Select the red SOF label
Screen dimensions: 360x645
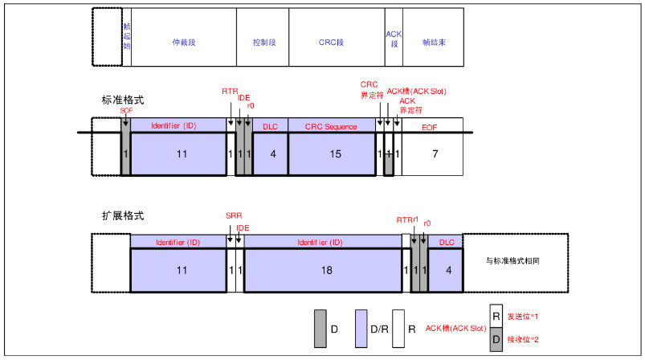click(126, 110)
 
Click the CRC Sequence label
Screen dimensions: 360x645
click(331, 127)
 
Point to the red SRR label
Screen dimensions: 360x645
click(233, 216)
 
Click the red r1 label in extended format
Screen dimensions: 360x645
click(417, 219)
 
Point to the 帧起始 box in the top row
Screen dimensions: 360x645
click(126, 37)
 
